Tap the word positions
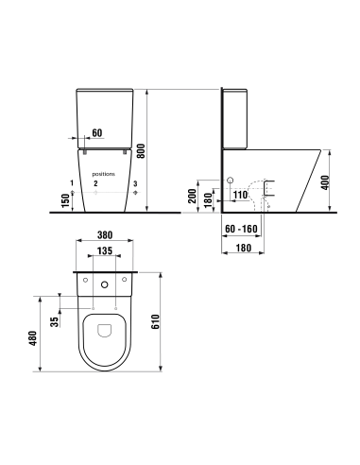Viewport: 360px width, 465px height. point(104,174)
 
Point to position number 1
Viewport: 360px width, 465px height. point(71,181)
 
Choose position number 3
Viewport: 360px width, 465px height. point(135,181)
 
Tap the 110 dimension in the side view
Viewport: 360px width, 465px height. point(240,195)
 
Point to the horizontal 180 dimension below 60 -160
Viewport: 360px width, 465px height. point(243,248)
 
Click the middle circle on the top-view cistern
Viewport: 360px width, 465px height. point(104,284)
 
